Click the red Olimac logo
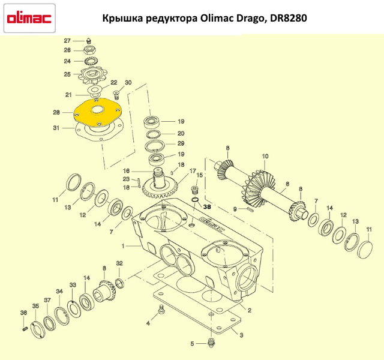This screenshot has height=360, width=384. tap(29, 19)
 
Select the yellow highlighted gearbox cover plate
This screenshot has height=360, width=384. tap(97, 112)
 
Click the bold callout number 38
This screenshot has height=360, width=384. tap(207, 207)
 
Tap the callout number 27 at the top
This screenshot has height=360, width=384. tap(67, 41)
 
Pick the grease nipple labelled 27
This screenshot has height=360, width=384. tap(89, 41)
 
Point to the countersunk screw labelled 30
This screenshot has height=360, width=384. tap(116, 95)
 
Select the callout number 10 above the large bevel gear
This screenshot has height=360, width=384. tap(265, 156)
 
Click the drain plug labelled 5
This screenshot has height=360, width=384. tap(211, 343)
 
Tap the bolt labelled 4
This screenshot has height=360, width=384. tap(161, 309)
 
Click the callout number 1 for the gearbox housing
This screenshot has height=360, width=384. tap(123, 245)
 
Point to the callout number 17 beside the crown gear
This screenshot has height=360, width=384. tap(193, 170)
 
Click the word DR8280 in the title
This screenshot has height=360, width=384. tap(288, 18)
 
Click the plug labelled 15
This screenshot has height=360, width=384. tap(194, 190)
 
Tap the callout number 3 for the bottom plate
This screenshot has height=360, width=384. tap(241, 335)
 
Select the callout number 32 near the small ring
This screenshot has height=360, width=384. tap(119, 263)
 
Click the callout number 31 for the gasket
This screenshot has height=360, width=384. tap(56, 128)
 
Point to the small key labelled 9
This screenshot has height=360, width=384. tap(250, 209)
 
